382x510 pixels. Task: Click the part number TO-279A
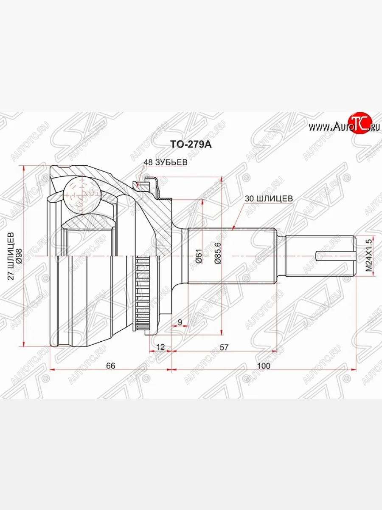[191, 144]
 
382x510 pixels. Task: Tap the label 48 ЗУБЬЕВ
[166, 162]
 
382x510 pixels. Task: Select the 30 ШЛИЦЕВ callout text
[267, 198]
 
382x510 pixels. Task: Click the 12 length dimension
[160, 347]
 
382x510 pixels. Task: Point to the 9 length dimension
[180, 322]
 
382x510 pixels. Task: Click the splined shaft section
[231, 257]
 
